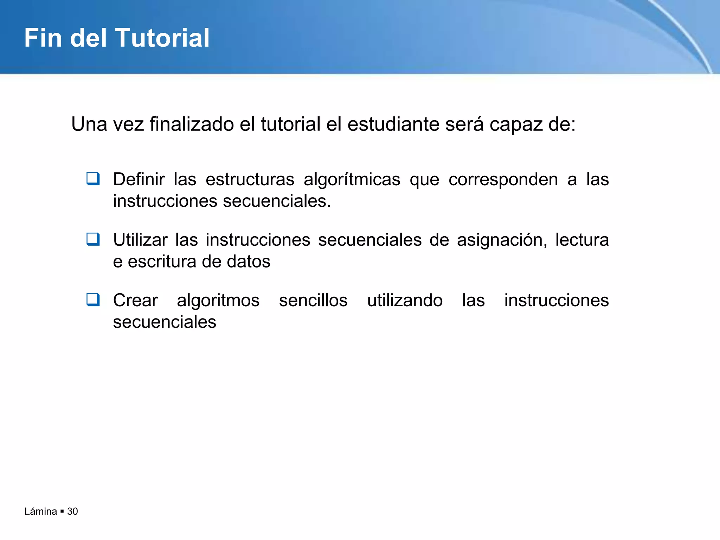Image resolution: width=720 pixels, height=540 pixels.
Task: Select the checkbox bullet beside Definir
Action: tap(93, 179)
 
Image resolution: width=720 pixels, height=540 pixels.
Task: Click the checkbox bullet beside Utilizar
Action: tap(93, 239)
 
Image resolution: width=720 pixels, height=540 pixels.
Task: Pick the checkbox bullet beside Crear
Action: tap(93, 300)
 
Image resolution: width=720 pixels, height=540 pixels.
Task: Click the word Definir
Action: tap(139, 179)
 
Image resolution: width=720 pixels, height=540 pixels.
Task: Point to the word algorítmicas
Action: tap(352, 180)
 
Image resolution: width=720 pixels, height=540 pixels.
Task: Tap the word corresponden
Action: tap(503, 180)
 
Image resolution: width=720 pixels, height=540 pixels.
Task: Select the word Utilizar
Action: tap(140, 240)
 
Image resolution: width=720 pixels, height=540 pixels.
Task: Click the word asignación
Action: tap(502, 240)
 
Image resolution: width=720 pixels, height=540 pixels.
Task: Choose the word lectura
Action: tap(582, 240)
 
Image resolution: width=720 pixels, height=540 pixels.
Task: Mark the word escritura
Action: tap(162, 262)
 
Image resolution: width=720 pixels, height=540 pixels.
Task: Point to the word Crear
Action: tap(135, 300)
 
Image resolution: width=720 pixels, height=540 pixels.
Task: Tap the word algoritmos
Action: tap(218, 301)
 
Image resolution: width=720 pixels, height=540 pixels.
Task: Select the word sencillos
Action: tap(313, 300)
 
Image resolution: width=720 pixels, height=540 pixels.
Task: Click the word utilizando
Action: tap(405, 300)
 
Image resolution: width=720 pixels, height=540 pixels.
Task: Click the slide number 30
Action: tap(72, 511)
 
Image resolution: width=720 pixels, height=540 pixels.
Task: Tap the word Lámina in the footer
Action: tap(40, 511)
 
